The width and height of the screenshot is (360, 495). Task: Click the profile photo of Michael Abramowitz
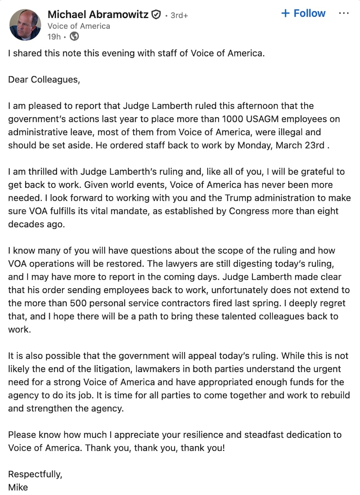point(25,24)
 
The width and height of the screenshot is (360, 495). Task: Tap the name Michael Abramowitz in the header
point(98,14)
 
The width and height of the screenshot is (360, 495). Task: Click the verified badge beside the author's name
point(156,15)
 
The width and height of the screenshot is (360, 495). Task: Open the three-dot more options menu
point(343,14)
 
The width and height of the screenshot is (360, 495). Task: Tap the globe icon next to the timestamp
point(74,36)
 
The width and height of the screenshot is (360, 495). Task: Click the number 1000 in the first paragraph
point(230,119)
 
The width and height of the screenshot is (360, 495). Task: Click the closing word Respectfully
point(35,474)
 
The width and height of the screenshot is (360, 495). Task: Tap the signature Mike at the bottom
point(18,487)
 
